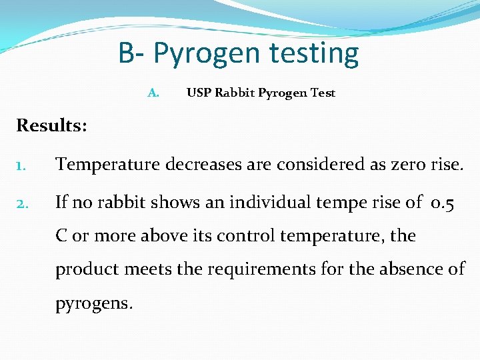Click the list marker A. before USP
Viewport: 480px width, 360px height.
153,93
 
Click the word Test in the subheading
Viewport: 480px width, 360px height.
323,93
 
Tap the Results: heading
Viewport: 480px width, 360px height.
52,125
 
